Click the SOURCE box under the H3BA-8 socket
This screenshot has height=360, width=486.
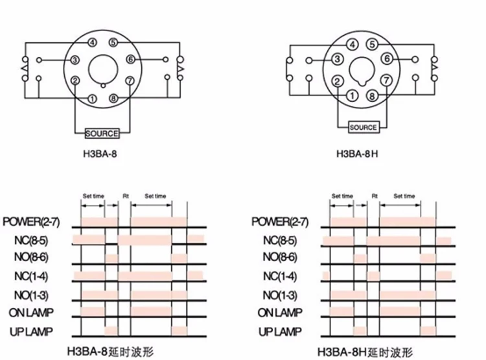[102, 134]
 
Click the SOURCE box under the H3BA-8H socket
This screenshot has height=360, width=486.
[363, 127]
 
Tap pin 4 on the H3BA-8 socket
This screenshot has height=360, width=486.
[93, 43]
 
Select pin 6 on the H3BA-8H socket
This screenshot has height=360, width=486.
[387, 59]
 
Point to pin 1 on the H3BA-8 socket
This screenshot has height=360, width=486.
[93, 99]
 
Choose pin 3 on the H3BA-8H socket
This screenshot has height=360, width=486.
[337, 59]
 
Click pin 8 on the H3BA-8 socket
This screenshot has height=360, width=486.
[113, 99]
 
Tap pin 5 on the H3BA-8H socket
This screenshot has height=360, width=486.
[371, 45]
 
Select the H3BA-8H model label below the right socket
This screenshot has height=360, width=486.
[357, 154]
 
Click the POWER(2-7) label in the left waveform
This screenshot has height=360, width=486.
[30, 222]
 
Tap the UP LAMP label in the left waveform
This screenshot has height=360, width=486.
[30, 331]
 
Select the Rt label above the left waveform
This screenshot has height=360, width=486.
[126, 196]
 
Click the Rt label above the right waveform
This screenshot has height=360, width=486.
[375, 196]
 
